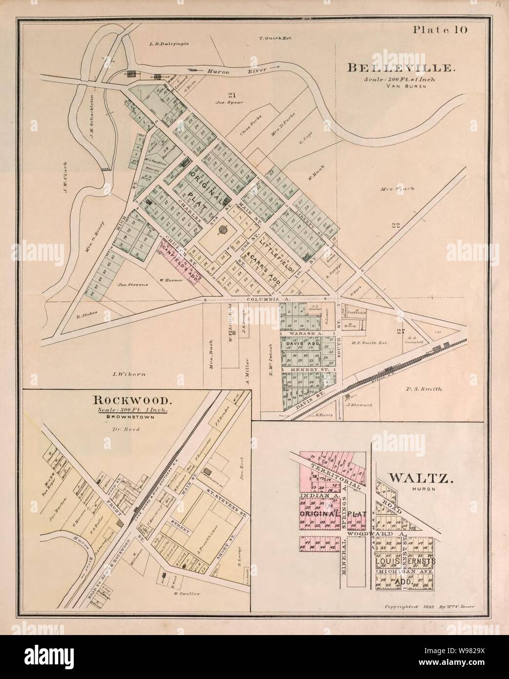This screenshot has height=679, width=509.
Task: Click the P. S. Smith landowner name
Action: click(x=424, y=389)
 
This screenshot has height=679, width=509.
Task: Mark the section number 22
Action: click(x=396, y=225)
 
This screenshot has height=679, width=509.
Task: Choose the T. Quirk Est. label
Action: click(x=276, y=38)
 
